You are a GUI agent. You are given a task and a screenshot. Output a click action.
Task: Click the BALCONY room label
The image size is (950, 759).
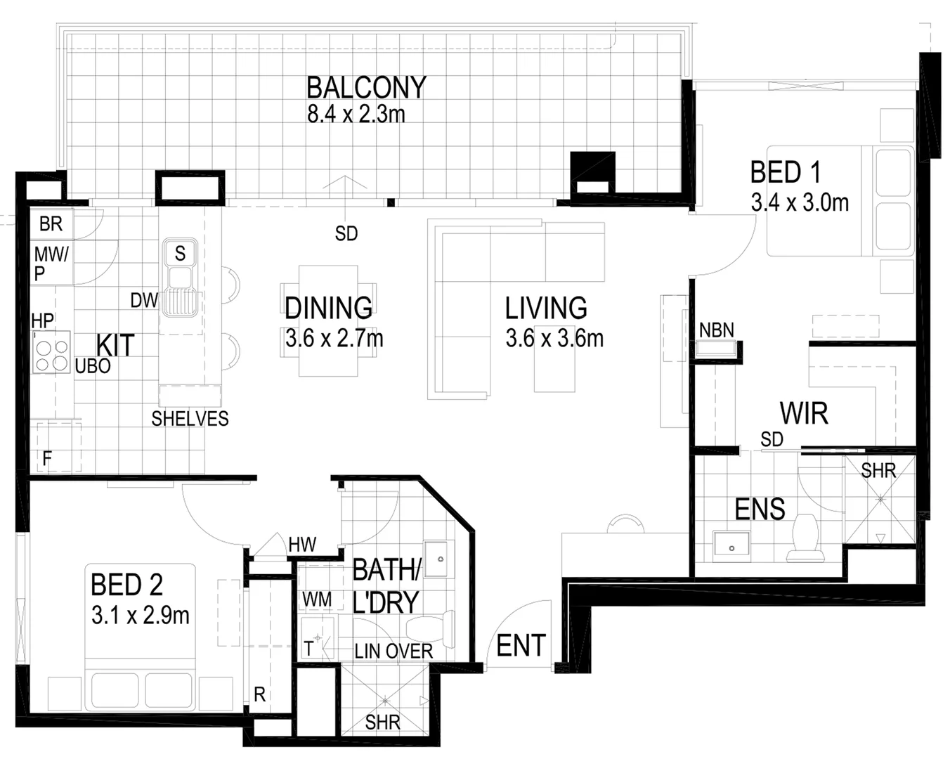click(x=366, y=87)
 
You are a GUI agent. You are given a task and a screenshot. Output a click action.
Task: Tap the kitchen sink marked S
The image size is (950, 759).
click(x=180, y=253)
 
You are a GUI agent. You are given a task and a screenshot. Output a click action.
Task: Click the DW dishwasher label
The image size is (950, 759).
click(x=144, y=301)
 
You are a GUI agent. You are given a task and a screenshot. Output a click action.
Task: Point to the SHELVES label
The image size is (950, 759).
click(x=190, y=419)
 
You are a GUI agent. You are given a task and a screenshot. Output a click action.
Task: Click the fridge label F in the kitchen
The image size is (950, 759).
click(x=47, y=460)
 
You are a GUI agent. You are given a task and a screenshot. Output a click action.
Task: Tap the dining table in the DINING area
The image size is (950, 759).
click(x=328, y=320)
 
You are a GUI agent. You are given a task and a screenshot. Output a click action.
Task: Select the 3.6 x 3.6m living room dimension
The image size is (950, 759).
click(x=554, y=339)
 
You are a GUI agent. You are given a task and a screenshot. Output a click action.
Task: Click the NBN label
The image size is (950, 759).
click(x=717, y=330)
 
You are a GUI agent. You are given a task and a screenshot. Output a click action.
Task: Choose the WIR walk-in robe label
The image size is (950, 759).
click(x=804, y=414)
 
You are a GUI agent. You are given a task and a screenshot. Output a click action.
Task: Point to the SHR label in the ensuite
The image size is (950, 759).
click(x=878, y=470)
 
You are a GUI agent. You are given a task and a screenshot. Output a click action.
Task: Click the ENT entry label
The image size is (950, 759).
click(x=521, y=645)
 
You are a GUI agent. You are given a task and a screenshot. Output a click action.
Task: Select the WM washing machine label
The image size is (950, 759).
click(x=316, y=599)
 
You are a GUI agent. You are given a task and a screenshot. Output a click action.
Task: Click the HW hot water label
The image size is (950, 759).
click(x=302, y=544)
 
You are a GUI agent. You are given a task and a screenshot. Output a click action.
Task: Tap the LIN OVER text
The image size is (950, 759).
click(x=393, y=651)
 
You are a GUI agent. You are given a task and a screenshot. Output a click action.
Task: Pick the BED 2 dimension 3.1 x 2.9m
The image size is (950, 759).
click(x=141, y=616)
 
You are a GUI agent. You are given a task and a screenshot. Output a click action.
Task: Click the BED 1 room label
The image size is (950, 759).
click(x=785, y=172)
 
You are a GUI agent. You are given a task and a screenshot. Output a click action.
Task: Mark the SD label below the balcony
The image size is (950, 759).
click(x=346, y=234)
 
